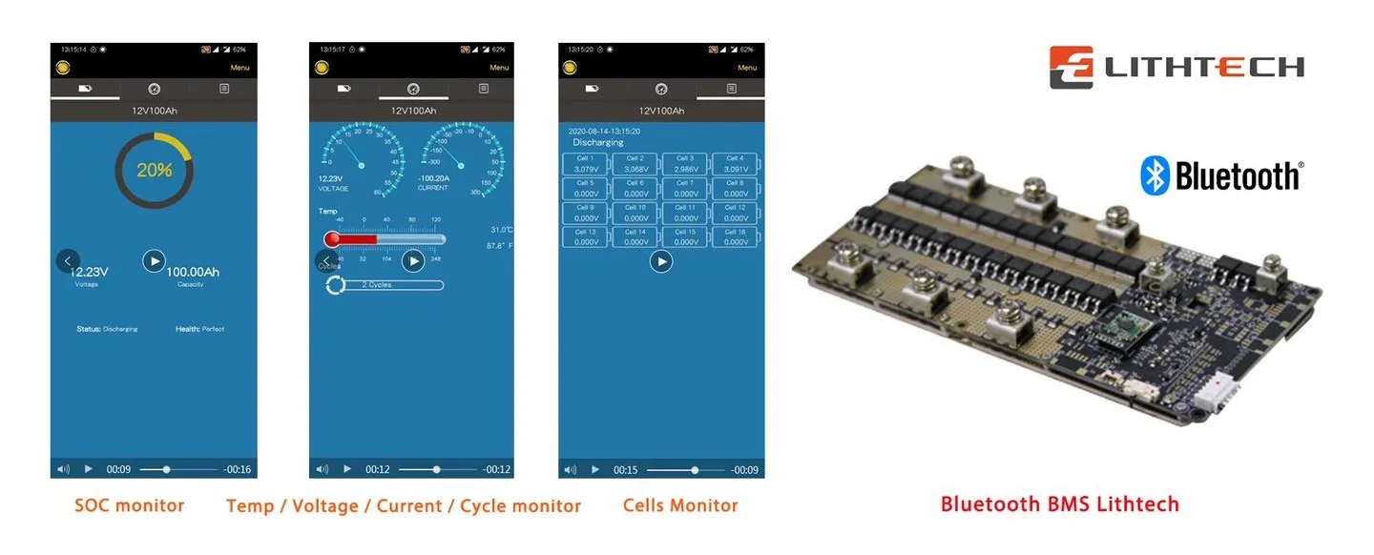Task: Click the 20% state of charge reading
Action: (154, 171)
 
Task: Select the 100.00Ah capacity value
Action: (192, 272)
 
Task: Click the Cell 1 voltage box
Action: (585, 163)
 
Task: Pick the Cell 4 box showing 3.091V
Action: (735, 163)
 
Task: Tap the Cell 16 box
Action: (735, 236)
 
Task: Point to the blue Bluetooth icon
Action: (1155, 176)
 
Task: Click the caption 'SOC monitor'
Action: (129, 505)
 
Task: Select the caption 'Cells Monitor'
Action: (680, 505)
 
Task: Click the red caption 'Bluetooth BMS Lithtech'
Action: (1059, 504)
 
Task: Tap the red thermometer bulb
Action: (332, 239)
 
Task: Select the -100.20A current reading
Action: (440, 177)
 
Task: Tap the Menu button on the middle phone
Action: (499, 68)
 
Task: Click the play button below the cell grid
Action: (661, 260)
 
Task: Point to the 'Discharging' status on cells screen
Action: (597, 142)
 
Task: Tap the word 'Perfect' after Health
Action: (213, 329)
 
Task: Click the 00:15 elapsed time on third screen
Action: (625, 470)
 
